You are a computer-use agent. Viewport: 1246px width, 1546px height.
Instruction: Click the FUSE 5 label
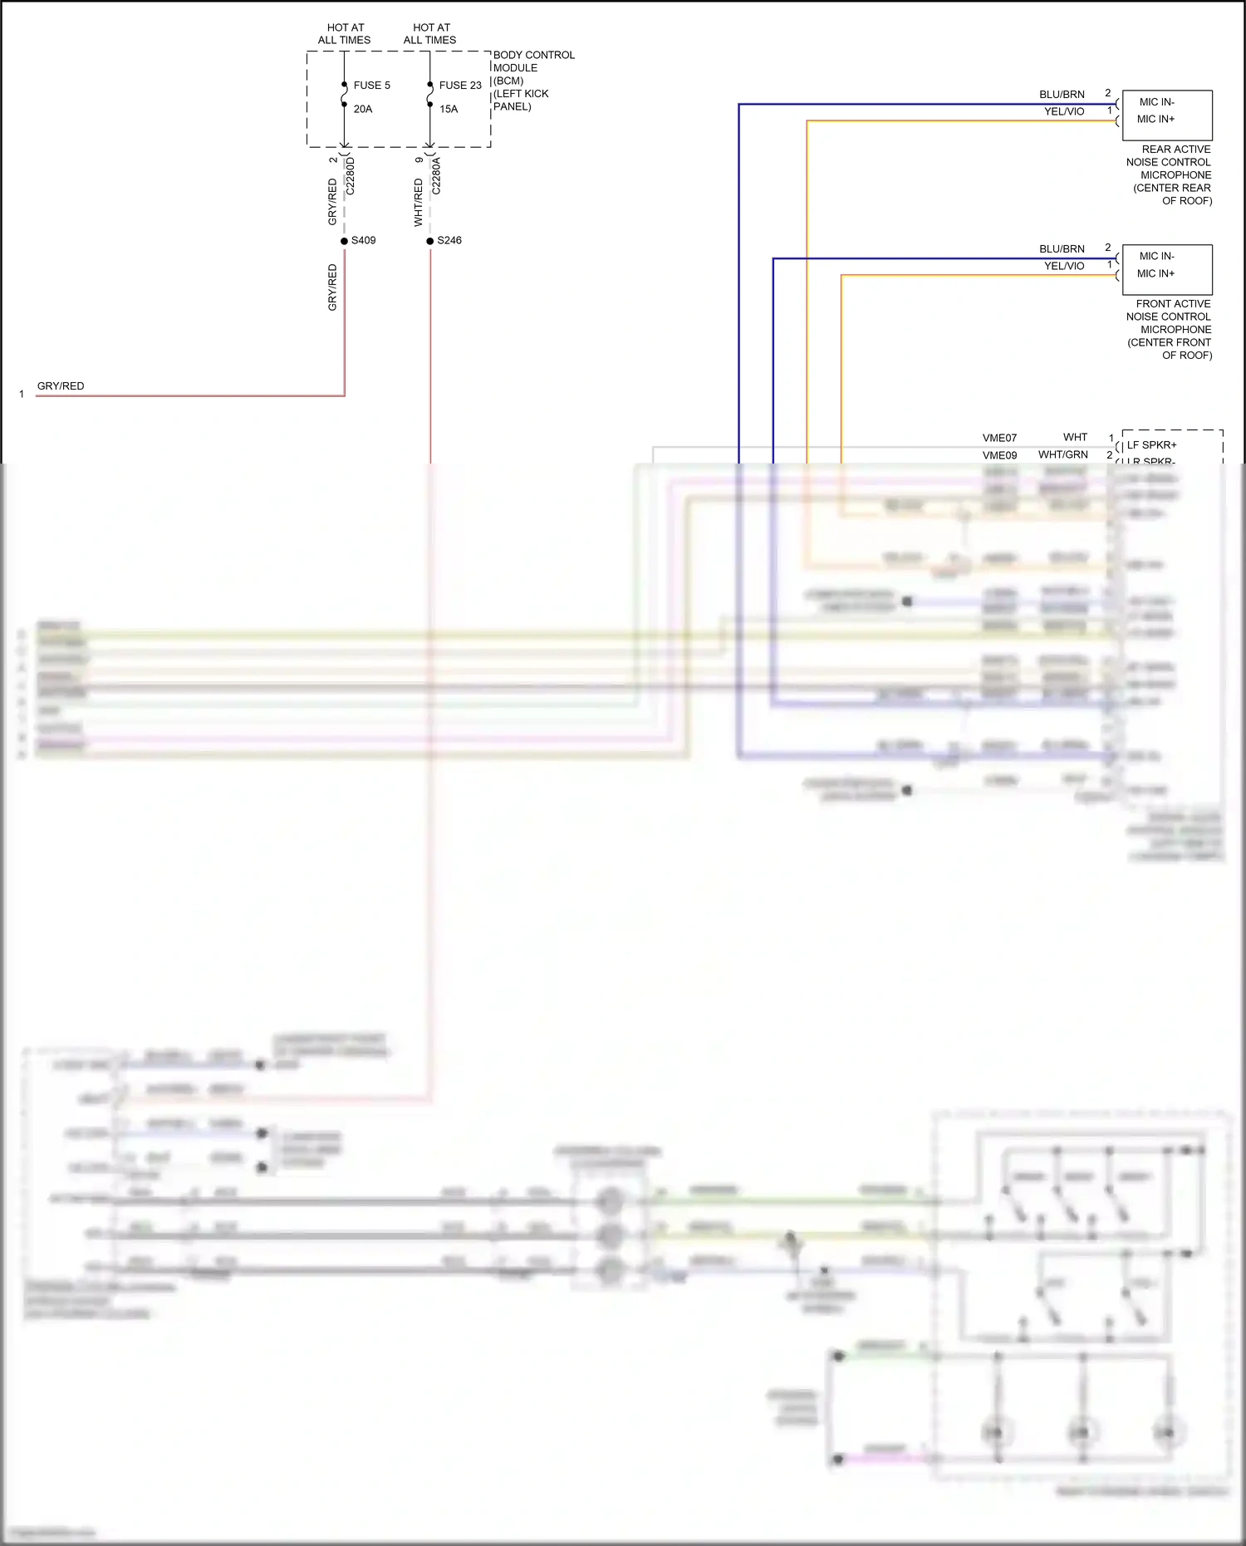tap(371, 85)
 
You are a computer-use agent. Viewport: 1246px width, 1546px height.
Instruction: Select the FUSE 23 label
tap(460, 85)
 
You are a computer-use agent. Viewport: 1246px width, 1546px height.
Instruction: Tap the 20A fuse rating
tap(363, 109)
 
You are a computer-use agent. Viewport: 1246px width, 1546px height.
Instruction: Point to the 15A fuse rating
tap(449, 109)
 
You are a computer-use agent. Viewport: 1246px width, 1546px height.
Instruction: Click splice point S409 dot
tap(344, 241)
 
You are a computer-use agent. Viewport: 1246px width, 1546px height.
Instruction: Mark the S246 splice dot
tap(430, 241)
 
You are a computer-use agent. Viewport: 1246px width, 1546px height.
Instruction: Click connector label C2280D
tap(351, 175)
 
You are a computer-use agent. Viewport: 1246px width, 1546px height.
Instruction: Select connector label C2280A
tap(437, 175)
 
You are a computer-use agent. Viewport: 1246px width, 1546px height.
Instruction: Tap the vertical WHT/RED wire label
tap(419, 202)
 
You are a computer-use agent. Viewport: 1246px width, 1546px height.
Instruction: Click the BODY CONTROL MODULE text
tap(533, 61)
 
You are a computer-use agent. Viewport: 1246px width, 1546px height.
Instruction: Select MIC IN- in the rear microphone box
tap(1156, 102)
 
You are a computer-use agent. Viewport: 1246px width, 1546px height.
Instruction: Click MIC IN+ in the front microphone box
tap(1155, 273)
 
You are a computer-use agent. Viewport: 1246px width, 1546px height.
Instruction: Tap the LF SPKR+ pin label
tap(1151, 445)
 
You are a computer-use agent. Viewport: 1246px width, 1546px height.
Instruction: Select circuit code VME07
tap(999, 438)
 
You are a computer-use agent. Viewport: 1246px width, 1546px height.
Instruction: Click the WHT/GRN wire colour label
tap(1062, 454)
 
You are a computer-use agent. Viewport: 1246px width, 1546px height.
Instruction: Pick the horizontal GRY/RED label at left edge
tap(61, 386)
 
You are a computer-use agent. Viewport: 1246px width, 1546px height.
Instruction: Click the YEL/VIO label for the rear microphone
tap(1064, 111)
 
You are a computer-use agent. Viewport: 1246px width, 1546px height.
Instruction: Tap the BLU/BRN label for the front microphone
tap(1062, 249)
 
